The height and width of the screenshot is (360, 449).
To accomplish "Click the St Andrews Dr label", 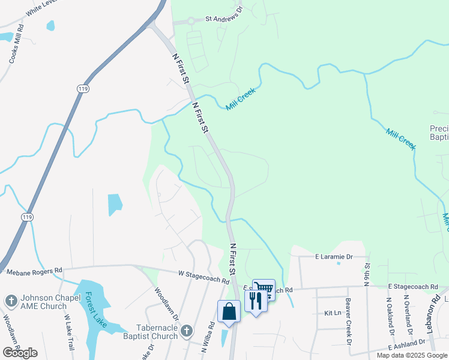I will click(223, 19).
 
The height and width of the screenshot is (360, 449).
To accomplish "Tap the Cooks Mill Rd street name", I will click(17, 44).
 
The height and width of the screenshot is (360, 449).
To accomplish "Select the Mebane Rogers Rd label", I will click(34, 272).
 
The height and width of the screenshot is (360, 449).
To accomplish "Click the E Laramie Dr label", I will click(333, 256).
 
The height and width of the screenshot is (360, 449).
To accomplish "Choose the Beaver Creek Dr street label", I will click(348, 321).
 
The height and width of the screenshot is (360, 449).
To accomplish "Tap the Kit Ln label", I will click(332, 313).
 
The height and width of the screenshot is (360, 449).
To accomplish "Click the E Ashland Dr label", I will click(406, 344).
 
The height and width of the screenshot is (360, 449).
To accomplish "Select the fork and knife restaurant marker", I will click(256, 301).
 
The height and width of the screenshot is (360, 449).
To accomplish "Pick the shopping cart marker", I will click(264, 290).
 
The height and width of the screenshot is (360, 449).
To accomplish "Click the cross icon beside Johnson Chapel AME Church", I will click(10, 300).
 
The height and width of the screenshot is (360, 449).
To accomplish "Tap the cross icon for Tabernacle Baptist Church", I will click(186, 330).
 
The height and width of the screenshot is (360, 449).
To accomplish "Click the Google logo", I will click(20, 353).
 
